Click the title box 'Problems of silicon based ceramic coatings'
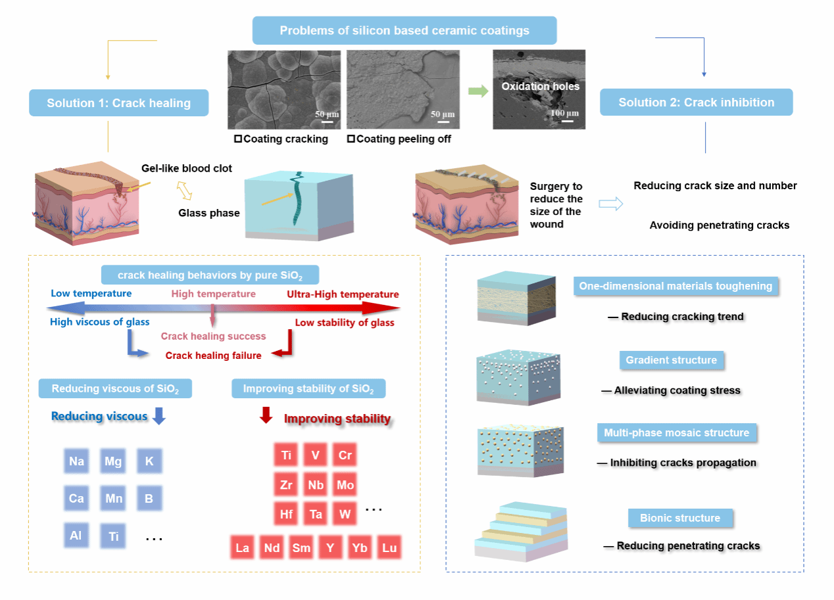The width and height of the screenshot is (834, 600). pyautogui.click(x=405, y=31)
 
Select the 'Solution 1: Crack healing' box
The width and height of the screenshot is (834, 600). pyautogui.click(x=118, y=103)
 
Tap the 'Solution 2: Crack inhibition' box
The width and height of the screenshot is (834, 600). pyautogui.click(x=696, y=103)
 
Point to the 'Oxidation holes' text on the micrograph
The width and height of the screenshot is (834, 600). pyautogui.click(x=540, y=86)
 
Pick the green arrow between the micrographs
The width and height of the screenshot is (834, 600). pyautogui.click(x=478, y=91)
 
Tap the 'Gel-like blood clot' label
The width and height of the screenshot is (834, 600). pyautogui.click(x=187, y=169)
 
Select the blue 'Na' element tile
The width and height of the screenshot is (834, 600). pyautogui.click(x=76, y=461)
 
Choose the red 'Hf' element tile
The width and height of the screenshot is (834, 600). pyautogui.click(x=287, y=514)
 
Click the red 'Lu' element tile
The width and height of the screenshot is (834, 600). pyautogui.click(x=389, y=547)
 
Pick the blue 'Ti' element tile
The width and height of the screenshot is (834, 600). pyautogui.click(x=113, y=537)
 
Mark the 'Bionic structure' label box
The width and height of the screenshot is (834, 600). pyautogui.click(x=680, y=518)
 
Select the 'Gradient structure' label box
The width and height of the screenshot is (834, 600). pyautogui.click(x=671, y=360)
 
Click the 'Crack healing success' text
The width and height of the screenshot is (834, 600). pyautogui.click(x=213, y=336)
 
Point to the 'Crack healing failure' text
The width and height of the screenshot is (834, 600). pyautogui.click(x=213, y=356)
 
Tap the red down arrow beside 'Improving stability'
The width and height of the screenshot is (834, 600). pyautogui.click(x=266, y=416)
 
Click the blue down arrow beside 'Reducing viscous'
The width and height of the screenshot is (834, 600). pyautogui.click(x=159, y=416)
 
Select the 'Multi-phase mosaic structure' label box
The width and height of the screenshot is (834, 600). pyautogui.click(x=676, y=432)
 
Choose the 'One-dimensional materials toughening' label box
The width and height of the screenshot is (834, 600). pyautogui.click(x=675, y=287)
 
